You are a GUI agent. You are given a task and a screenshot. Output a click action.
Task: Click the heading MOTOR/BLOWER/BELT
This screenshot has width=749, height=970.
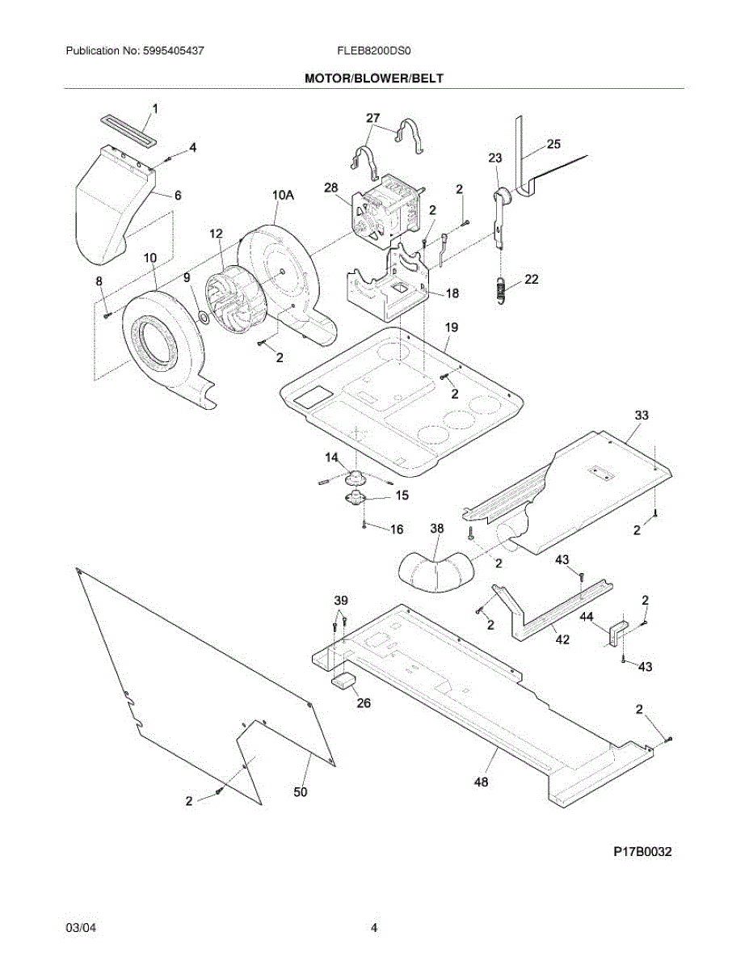374,78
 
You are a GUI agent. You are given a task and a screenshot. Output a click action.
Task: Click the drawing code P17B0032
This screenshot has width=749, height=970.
642,851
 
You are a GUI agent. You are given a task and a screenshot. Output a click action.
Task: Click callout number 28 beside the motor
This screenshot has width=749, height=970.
330,188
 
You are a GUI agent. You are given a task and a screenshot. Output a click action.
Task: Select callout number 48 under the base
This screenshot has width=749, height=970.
482,782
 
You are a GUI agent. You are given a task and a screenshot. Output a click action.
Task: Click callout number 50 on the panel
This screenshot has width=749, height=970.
300,792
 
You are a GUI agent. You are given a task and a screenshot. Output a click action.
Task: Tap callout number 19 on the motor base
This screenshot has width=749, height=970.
452,327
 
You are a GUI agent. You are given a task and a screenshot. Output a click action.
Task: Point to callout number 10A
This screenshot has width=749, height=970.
283,195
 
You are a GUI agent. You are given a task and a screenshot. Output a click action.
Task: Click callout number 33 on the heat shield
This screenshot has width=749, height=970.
641,415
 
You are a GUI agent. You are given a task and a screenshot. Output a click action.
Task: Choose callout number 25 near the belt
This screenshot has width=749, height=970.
553,144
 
